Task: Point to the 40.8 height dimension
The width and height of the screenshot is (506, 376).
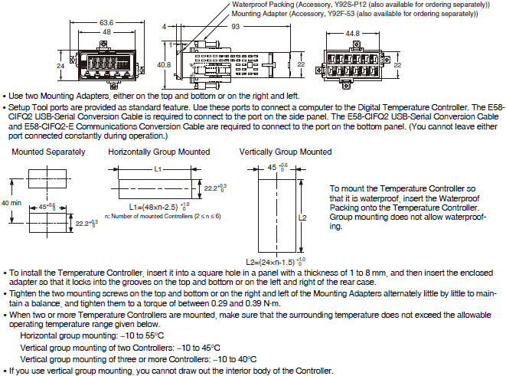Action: [x=164, y=65]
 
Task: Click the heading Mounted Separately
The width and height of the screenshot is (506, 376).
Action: [x=43, y=152]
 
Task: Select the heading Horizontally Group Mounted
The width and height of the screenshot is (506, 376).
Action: [x=158, y=152]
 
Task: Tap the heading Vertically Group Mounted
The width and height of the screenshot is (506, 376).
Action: [x=286, y=152]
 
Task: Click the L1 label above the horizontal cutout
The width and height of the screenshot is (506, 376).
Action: [x=158, y=167]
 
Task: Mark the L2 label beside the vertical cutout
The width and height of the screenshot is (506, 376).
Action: [x=303, y=217]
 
